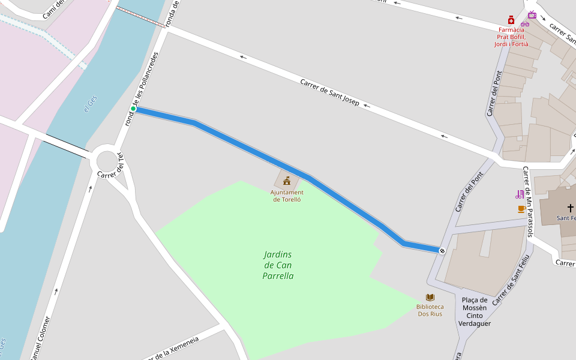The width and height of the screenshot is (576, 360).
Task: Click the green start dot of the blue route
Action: click(x=133, y=109)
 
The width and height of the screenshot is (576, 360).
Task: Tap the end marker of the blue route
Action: click(x=442, y=251)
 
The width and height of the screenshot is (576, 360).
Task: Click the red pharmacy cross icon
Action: click(x=511, y=20)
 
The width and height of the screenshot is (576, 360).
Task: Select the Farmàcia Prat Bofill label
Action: click(x=511, y=37)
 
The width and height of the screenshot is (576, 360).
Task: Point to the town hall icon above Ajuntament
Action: click(x=287, y=180)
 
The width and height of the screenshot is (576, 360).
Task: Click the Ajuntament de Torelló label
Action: click(x=287, y=196)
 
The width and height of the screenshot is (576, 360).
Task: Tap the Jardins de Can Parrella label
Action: click(x=278, y=265)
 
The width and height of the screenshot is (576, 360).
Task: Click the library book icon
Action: click(x=430, y=297)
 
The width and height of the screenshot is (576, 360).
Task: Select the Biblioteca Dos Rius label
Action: click(x=430, y=310)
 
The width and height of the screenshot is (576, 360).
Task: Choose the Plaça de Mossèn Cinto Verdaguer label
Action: click(x=475, y=311)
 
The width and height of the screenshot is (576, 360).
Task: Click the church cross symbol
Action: click(x=570, y=208)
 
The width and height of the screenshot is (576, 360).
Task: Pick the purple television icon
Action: click(x=532, y=14)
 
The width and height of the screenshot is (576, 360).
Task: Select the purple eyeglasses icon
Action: click(x=525, y=23)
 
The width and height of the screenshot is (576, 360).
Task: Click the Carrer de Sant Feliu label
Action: click(x=511, y=280)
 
